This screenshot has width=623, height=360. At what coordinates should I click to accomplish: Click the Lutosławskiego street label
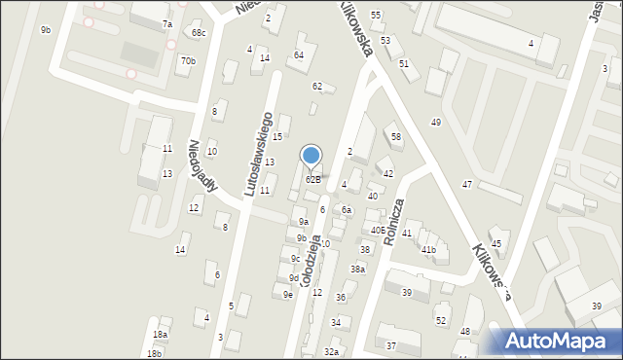(258, 154)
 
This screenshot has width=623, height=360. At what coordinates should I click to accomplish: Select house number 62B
(312, 179)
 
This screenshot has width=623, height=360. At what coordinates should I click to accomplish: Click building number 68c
(199, 33)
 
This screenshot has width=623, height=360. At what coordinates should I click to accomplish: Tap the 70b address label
(188, 61)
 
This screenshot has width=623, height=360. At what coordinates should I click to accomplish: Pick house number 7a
(166, 23)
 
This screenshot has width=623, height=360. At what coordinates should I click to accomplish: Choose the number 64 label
(299, 54)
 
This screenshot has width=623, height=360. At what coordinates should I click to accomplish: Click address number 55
(376, 16)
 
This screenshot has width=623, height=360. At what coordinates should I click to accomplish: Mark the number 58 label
(395, 137)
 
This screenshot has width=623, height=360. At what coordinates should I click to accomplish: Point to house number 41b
(428, 250)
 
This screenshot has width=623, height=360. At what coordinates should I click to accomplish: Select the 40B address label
(377, 231)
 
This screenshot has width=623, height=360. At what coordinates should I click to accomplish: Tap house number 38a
(358, 270)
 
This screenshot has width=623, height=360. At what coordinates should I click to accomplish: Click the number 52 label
(440, 320)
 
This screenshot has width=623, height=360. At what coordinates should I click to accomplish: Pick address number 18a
(160, 335)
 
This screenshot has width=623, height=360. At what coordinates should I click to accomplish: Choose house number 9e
(288, 294)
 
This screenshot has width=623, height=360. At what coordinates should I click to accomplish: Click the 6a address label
(346, 210)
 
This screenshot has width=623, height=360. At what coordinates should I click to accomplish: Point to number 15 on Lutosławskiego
(277, 136)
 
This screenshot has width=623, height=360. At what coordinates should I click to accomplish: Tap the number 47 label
(467, 184)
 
